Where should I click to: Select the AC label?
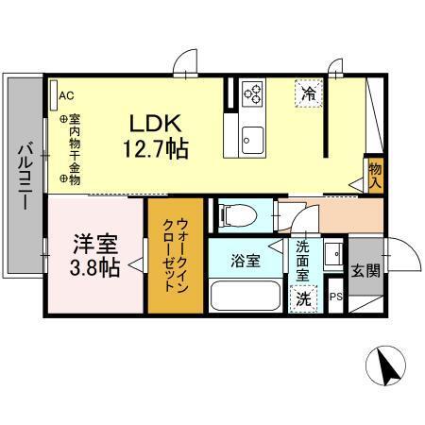coord(66,95)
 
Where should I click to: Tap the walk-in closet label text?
coord(174,255)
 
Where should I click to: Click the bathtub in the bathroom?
coord(244,296)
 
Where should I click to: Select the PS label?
coord(335,297)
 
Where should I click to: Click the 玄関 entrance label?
coord(364,271)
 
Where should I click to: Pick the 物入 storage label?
coord(375,172)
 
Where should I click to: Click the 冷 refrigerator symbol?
coord(308,93)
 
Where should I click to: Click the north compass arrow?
coord(386,364)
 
